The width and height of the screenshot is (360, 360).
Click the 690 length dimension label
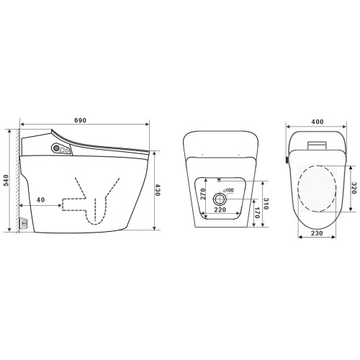80,120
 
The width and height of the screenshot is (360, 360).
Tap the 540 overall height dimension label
6,180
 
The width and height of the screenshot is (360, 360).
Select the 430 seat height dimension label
157,190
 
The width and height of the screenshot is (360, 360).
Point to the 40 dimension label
41,199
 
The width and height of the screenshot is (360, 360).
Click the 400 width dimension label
318,122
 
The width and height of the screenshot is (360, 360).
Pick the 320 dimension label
354,188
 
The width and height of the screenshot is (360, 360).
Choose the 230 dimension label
317,233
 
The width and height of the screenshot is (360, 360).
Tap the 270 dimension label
203,194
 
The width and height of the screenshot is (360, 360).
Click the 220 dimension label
220,210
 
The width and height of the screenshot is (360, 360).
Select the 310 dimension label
266,204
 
